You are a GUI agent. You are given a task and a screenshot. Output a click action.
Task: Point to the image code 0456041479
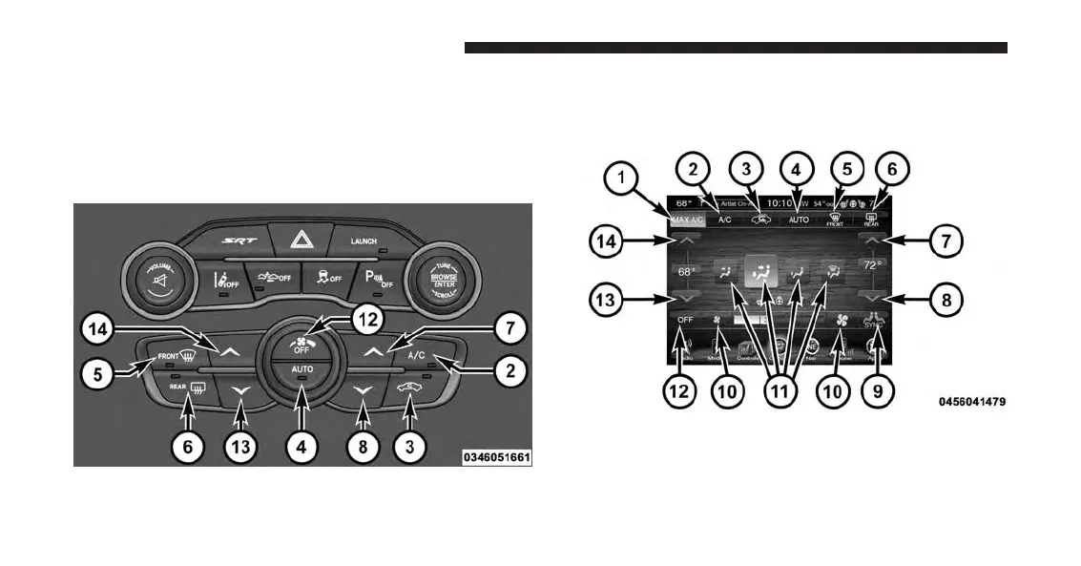pyautogui.click(x=970, y=403)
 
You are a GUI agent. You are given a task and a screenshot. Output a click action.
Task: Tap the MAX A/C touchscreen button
pyautogui.click(x=684, y=219)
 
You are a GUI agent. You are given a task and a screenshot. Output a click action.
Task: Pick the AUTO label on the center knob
pyautogui.click(x=302, y=368)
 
